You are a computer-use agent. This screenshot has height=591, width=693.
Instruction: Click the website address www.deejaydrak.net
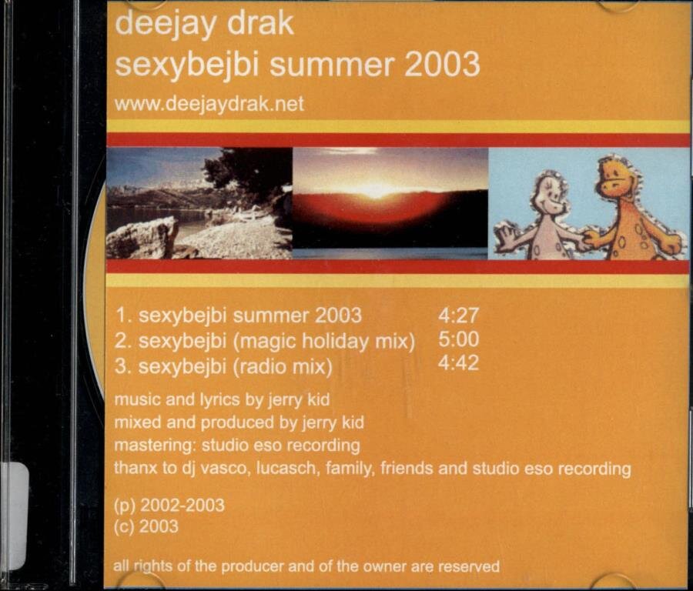click(209, 105)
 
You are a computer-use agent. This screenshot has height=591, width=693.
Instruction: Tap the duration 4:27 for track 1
click(458, 316)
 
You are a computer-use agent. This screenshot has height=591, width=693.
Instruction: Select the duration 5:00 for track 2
click(458, 339)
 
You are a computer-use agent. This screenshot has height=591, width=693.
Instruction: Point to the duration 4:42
click(458, 363)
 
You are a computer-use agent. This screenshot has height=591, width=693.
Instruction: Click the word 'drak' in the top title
click(260, 24)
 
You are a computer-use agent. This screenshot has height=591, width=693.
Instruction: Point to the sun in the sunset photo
click(373, 190)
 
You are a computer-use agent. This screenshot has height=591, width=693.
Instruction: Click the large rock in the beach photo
click(142, 239)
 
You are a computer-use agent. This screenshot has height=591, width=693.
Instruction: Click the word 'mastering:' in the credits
click(154, 446)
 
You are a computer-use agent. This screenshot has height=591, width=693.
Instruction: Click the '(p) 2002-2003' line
click(169, 506)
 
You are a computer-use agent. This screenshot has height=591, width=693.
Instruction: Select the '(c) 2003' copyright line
click(146, 526)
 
